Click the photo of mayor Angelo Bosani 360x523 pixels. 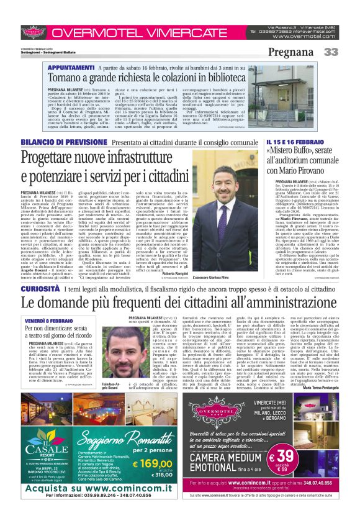tap(142, 357)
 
